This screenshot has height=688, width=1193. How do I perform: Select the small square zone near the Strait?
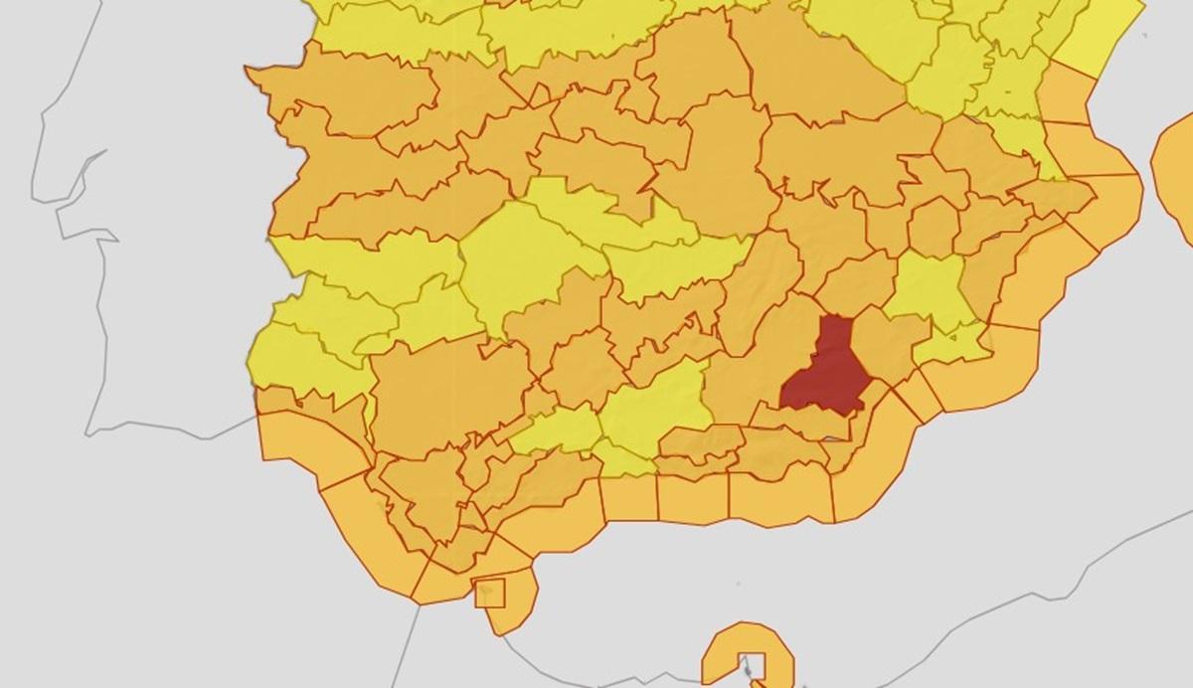490,592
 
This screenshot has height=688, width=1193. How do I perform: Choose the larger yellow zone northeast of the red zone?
930,288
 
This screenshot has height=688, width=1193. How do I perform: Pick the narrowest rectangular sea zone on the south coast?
629,497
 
